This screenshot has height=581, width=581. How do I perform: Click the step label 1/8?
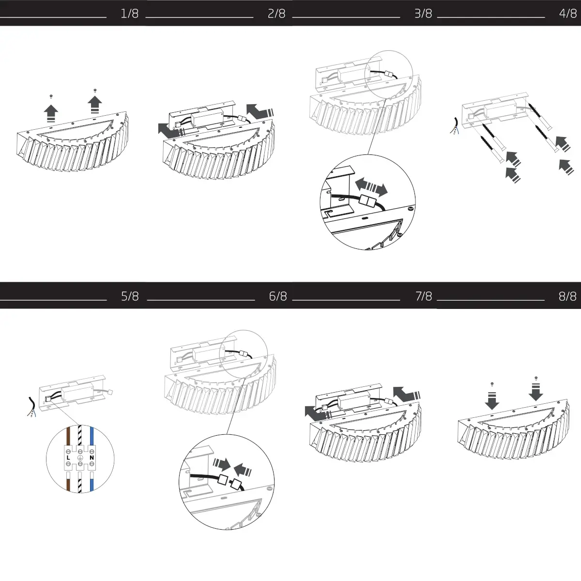pos(129,14)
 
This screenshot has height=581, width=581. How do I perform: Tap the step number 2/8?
pos(276,14)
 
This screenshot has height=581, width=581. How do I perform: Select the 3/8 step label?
pos(423,14)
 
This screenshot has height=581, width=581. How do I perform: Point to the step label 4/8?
pos(568,14)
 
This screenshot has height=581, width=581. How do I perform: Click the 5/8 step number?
pos(130,296)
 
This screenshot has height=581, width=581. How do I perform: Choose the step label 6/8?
pos(278,296)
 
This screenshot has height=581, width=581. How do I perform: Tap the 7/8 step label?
pos(424,296)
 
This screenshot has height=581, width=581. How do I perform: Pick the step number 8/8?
pos(567,296)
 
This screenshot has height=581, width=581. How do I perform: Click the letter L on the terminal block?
pos(68,458)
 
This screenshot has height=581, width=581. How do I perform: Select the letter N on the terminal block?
pos(92,458)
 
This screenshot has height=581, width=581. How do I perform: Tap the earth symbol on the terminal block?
pos(80,458)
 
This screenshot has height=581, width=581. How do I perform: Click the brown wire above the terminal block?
pos(68,436)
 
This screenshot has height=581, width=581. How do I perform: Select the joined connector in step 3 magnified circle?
pos(367,200)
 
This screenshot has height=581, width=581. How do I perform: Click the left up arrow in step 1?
pos(51,113)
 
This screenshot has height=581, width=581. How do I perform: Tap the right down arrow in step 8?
pos(536,392)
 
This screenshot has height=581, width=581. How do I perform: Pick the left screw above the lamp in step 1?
pos(51,97)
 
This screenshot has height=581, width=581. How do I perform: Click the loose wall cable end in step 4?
pos(455,126)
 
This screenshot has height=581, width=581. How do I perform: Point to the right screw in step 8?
pos(536,378)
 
